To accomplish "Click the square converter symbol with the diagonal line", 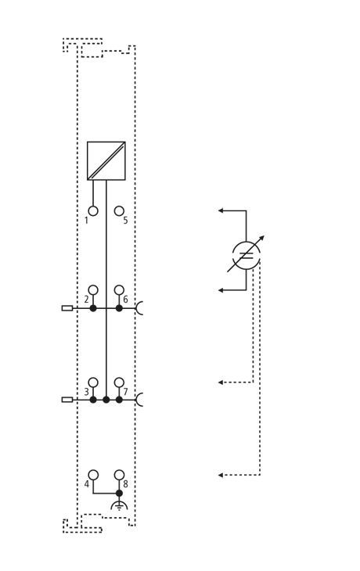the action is [x=106, y=160].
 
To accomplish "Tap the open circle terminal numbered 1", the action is [x=93, y=211].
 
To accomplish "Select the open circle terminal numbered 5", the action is [x=119, y=211].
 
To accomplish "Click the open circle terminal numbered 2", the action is [x=93, y=290].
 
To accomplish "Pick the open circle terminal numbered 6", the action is [x=119, y=290].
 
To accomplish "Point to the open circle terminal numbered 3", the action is [x=93, y=382].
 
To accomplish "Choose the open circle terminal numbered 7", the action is [x=119, y=382].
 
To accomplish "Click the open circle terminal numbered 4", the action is [x=93, y=475].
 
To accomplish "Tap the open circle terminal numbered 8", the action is [x=119, y=475].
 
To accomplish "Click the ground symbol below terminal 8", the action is [x=119, y=505].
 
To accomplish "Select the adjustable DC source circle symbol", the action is [x=247, y=255].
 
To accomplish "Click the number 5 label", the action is [x=125, y=221].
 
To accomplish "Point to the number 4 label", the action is [x=86, y=484].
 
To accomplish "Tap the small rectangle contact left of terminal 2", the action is [x=67, y=308].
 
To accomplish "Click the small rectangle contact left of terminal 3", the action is [x=67, y=400].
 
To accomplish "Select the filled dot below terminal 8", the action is [x=119, y=494].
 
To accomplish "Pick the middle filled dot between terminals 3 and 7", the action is [x=106, y=400].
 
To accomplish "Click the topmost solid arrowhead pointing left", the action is [x=221, y=210].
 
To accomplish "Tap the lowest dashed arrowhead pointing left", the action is [x=221, y=475].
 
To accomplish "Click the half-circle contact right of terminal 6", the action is [x=138, y=308].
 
